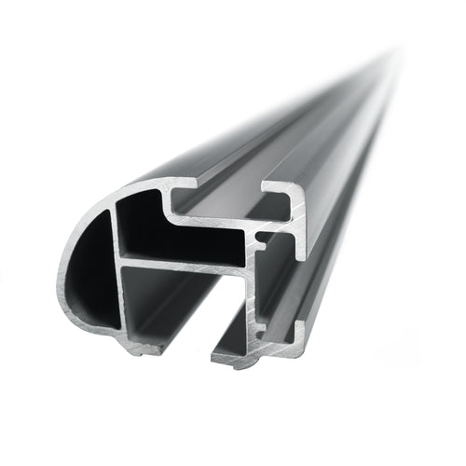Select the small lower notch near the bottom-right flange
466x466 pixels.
coord(265,326)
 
